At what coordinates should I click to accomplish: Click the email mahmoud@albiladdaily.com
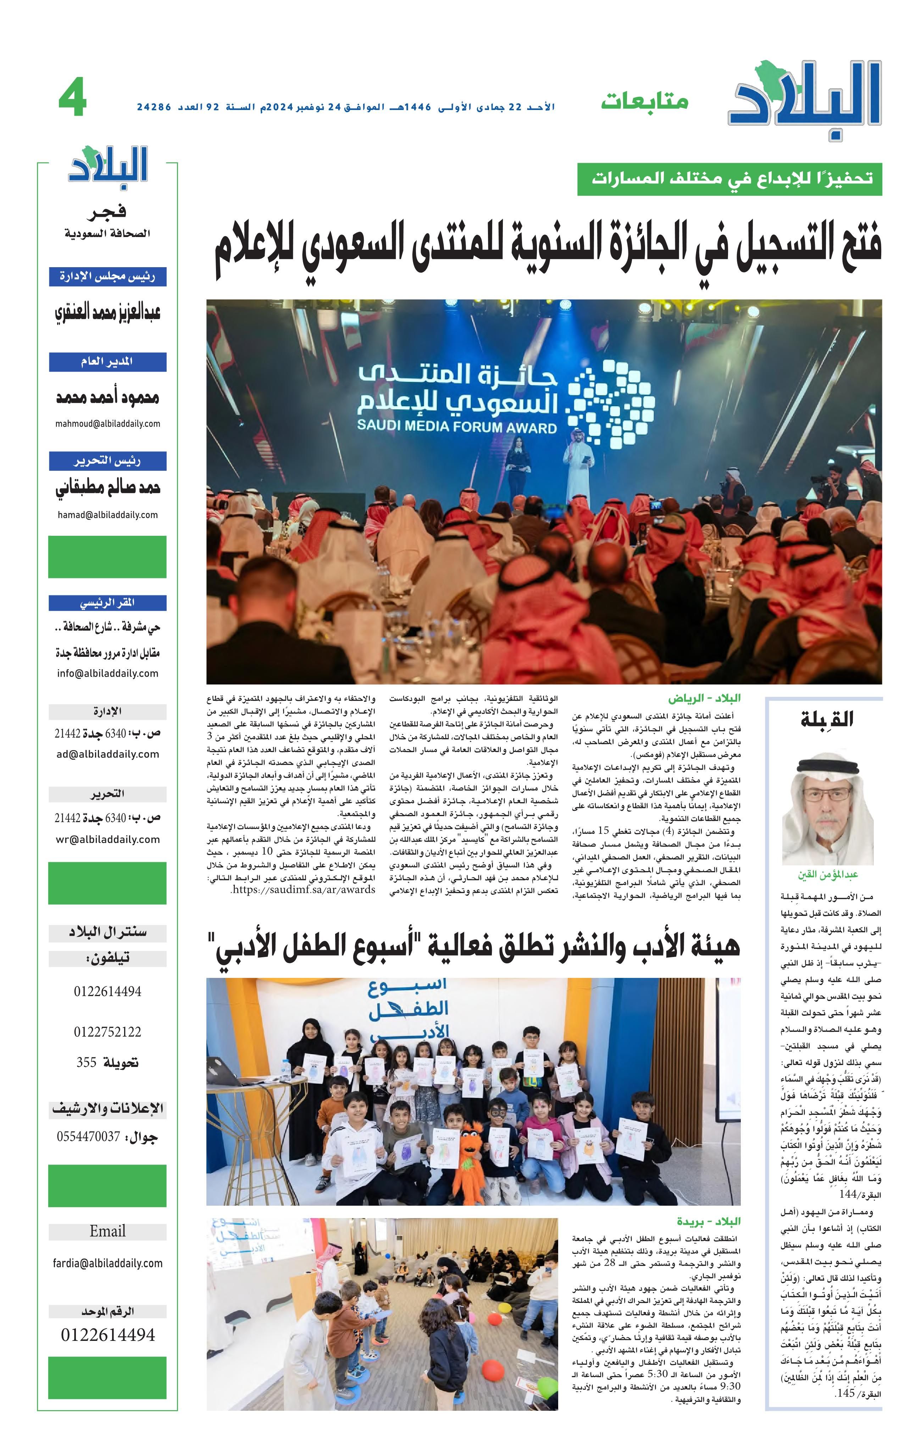click(x=108, y=424)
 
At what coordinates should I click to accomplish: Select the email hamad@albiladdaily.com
click(x=108, y=515)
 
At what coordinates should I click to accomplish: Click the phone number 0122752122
click(x=108, y=1031)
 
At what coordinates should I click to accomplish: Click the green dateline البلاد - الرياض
click(x=704, y=698)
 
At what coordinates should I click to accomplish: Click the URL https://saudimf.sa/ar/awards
click(x=303, y=890)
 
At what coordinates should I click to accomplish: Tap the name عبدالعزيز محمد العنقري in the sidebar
click(x=108, y=313)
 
